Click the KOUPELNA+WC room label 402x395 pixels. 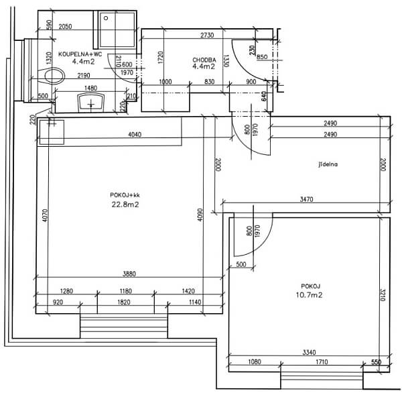click(80, 54)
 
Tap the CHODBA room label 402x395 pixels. click(203, 59)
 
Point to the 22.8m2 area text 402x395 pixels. click(125, 205)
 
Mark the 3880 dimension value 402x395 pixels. click(129, 274)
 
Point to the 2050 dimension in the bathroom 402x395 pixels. click(65, 27)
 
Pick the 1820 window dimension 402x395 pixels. click(123, 302)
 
